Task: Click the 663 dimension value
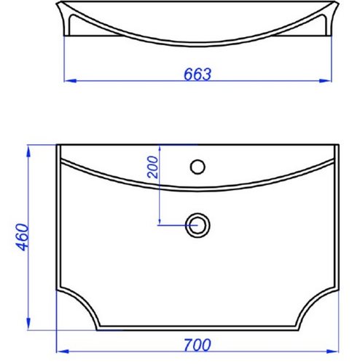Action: click(x=197, y=74)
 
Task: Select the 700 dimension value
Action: click(x=197, y=345)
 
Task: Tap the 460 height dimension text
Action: click(x=23, y=237)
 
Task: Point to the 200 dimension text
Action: click(x=153, y=167)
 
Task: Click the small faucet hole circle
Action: click(x=197, y=167)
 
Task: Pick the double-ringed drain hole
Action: click(x=197, y=226)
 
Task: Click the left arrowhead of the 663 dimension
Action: click(x=71, y=81)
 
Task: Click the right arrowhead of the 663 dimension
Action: click(x=325, y=81)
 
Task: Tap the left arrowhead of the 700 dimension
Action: click(x=63, y=351)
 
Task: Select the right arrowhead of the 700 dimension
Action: click(x=332, y=351)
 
